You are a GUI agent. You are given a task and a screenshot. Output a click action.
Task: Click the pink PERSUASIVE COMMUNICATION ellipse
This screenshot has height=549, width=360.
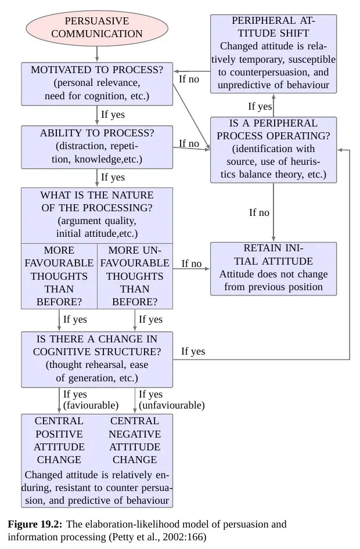coord(96,27)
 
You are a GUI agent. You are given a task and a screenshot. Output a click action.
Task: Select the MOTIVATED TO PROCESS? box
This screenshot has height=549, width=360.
coord(96,83)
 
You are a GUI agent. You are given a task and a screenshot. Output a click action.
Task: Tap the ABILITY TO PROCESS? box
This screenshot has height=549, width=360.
coord(96,146)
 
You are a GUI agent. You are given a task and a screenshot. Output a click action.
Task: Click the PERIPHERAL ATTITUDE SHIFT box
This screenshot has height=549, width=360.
coord(273,53)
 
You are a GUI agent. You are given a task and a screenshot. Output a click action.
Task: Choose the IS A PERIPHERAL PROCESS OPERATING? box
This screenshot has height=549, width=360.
coord(273,149)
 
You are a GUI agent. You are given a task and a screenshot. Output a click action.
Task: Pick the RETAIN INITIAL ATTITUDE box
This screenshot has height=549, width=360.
coord(273,268)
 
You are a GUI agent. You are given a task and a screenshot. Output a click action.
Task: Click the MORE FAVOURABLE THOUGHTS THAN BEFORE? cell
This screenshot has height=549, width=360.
coord(59,276)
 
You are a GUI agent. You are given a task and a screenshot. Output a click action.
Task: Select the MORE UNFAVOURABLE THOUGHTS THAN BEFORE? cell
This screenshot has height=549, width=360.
coord(135,276)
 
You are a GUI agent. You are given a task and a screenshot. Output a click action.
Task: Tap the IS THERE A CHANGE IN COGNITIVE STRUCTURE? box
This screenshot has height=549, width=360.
coord(96,359)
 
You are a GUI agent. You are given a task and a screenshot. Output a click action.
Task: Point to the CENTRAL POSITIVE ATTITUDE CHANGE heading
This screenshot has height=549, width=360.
coord(59,440)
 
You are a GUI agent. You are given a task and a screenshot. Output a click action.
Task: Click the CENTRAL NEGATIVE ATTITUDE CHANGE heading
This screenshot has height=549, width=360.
coord(134,440)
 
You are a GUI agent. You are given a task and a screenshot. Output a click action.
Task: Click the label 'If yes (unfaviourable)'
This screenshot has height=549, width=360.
coord(171,400)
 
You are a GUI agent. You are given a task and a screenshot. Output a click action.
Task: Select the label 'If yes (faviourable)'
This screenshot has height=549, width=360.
coord(90,400)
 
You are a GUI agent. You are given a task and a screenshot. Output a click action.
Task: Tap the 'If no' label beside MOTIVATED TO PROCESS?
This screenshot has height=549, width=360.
coord(189,79)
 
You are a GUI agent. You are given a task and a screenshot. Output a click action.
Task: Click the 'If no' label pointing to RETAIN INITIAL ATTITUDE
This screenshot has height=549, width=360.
coord(191,264)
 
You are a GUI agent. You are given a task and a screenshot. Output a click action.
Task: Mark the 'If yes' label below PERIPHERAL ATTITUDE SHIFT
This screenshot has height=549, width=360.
coord(260,106)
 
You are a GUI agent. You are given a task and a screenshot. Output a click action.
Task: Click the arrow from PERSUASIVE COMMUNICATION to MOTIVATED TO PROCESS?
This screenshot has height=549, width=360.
coord(96,53)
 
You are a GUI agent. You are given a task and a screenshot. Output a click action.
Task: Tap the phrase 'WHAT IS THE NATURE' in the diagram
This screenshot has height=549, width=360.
coord(96,195)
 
